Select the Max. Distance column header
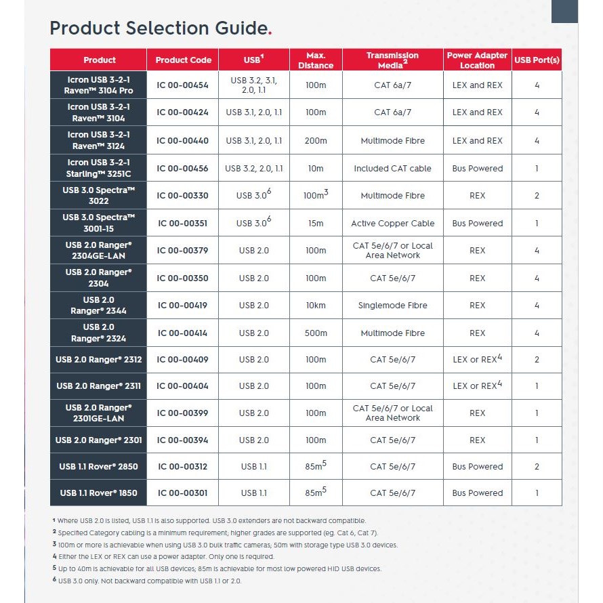[316, 60]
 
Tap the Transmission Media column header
[392, 60]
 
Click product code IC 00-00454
[183, 85]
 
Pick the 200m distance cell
[316, 141]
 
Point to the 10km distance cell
[316, 306]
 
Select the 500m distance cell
[316, 333]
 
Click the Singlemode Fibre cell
[392, 306]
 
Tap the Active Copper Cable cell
[392, 224]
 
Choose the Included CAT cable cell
[392, 169]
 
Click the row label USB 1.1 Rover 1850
[99, 493]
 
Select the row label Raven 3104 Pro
[99, 85]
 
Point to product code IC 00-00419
[183, 306]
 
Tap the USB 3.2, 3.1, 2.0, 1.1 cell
[254, 85]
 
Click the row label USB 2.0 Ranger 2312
[99, 359]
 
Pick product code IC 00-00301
[183, 493]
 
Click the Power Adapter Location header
[477, 60]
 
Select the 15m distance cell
[316, 224]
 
